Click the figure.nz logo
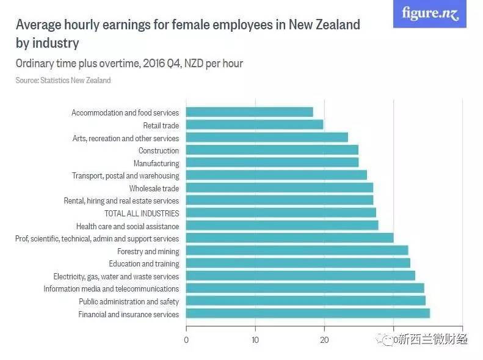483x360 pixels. point(429,13)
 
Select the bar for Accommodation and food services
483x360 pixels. point(249,112)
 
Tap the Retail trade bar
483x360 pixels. point(254,125)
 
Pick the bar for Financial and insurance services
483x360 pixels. point(307,314)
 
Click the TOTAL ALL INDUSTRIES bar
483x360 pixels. point(280,213)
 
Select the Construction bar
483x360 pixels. point(272,150)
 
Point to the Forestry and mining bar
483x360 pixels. point(297,251)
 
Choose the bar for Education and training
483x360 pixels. point(298,263)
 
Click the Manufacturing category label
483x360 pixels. point(156,163)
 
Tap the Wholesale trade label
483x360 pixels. point(154,188)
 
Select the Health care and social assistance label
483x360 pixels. point(128,226)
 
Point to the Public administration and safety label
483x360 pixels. point(129,301)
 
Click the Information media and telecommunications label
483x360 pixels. point(111,288)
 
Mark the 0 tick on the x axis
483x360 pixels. point(186,339)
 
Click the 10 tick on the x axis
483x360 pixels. point(255,339)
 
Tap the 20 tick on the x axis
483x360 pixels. point(324,339)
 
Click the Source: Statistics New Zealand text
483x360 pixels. point(63,80)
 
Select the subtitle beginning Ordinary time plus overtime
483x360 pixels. point(129,64)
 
